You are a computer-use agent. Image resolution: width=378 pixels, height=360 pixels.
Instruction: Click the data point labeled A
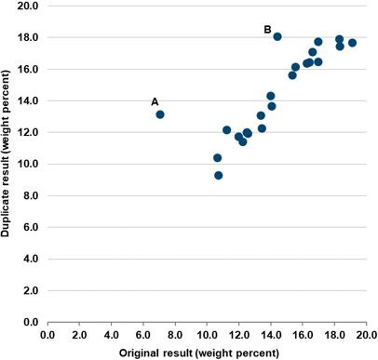click(x=160, y=114)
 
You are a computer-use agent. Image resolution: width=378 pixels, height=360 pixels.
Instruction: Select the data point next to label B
click(x=277, y=36)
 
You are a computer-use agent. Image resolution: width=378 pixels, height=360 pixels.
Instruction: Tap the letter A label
click(x=155, y=101)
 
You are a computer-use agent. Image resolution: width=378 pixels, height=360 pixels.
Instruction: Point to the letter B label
click(x=267, y=30)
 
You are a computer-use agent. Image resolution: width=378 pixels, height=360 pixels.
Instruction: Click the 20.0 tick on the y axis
click(x=28, y=6)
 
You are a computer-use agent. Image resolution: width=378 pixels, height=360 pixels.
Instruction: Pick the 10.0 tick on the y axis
click(x=28, y=164)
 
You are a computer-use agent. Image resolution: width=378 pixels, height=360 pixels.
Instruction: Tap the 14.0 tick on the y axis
click(x=28, y=100)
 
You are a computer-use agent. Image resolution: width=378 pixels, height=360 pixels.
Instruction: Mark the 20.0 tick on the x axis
click(x=365, y=335)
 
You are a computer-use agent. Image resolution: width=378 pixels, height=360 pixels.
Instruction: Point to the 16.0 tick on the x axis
click(x=302, y=335)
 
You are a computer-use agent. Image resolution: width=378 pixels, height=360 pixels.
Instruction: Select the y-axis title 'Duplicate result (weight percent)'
click(x=7, y=164)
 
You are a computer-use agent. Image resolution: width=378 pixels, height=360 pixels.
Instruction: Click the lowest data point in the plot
click(x=218, y=175)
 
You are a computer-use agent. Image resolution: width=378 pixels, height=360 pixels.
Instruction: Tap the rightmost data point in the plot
click(x=352, y=43)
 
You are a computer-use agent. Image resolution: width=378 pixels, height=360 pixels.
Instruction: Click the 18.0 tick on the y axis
click(x=28, y=37)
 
